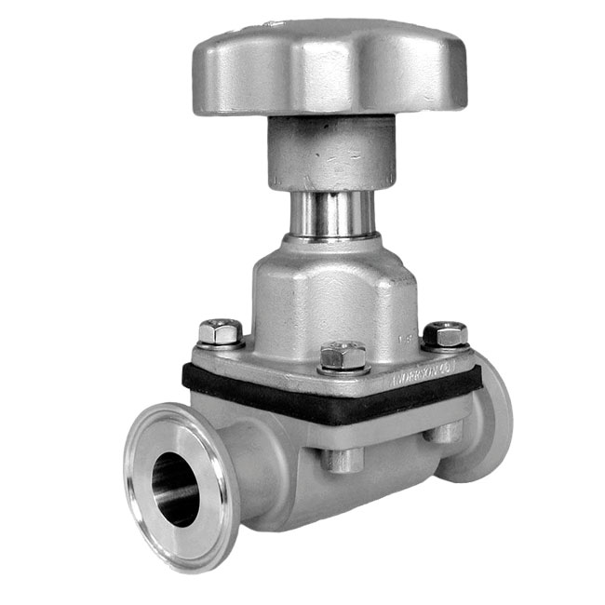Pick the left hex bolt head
click(221, 330)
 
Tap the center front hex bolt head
click(343, 354)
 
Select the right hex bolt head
click(445, 332)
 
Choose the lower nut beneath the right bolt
click(447, 430)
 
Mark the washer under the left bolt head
click(221, 343)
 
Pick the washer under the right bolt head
click(446, 345)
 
